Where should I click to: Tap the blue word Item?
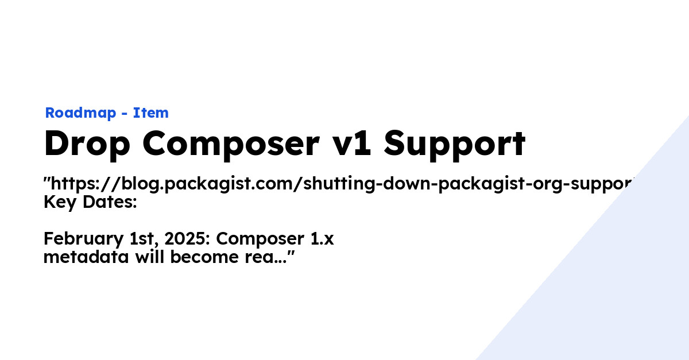(x=151, y=113)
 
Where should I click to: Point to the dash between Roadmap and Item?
(x=125, y=114)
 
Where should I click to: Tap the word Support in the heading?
(x=454, y=145)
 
